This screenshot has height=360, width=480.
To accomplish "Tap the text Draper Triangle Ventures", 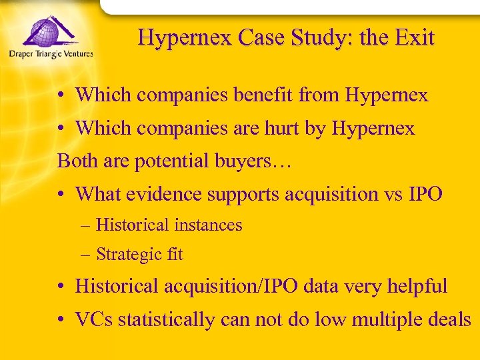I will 51,54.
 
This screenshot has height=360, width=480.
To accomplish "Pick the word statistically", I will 159,320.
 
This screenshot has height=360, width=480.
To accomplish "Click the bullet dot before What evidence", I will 61,195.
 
